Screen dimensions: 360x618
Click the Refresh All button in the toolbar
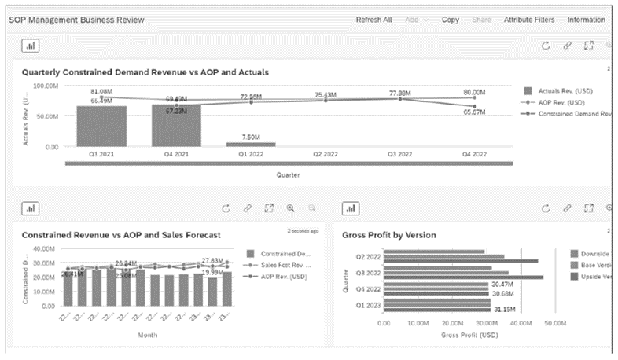click(373, 19)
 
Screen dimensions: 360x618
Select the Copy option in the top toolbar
click(451, 19)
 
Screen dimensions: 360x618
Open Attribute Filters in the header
click(529, 19)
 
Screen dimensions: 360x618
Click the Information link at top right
click(586, 19)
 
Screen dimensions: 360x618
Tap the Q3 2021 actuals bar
click(101, 126)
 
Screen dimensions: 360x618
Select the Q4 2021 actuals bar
click(176, 125)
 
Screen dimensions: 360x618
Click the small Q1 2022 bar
click(251, 144)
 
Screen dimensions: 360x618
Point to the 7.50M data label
click(251, 135)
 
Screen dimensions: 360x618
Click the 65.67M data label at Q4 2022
click(473, 112)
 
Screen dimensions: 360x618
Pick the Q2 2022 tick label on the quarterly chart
click(326, 155)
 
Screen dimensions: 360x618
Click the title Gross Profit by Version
click(389, 234)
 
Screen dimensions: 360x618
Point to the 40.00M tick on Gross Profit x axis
click(520, 323)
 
